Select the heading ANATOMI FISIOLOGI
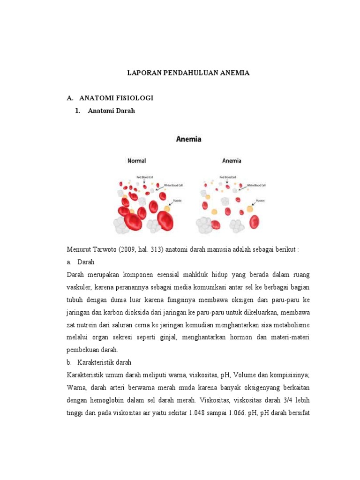click(x=116, y=98)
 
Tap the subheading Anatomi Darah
click(x=112, y=111)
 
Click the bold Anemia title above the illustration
click(x=188, y=139)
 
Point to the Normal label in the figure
click(x=137, y=161)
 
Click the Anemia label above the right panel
click(x=232, y=161)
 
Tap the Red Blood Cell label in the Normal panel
click(x=145, y=177)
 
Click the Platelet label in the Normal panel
click(x=177, y=200)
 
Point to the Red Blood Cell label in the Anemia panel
click(x=227, y=178)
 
